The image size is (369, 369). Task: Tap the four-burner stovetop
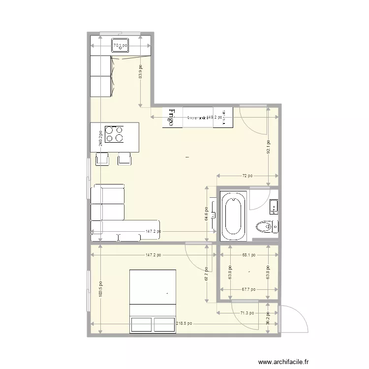[115, 134]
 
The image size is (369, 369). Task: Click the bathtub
[233, 215]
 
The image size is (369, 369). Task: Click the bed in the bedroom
[153, 300]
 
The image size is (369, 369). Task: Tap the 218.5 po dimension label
[184, 324]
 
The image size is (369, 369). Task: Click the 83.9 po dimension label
[140, 72]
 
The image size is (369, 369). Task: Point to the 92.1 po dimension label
[268, 146]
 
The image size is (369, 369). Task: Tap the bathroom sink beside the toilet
[274, 207]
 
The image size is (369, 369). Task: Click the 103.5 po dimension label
[100, 289]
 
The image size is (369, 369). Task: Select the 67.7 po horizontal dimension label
[248, 289]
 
